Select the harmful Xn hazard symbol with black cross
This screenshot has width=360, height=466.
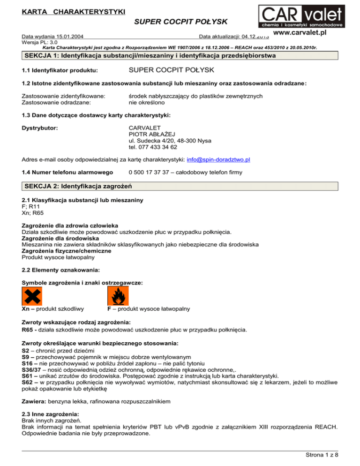(x=32, y=295)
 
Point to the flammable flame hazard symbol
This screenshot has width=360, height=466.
(x=117, y=295)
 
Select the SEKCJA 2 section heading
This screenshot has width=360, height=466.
(x=78, y=187)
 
